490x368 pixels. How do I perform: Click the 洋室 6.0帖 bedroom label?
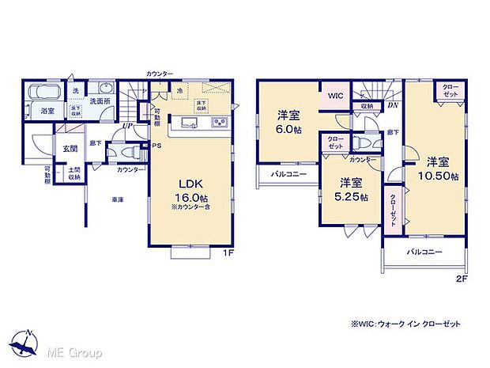tap(286, 123)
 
